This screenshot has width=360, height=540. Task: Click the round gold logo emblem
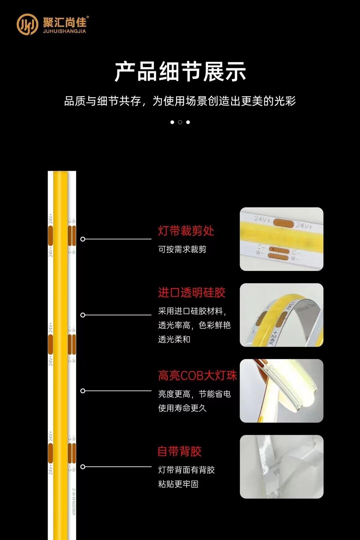coord(27,24)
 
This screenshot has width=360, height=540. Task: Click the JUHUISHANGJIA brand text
coord(64,31)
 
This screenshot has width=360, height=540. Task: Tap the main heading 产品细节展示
coord(180,71)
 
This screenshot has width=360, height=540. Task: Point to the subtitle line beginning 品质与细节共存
coord(180,101)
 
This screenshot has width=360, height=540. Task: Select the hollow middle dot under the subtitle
coord(180,122)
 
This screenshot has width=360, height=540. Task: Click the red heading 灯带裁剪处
coord(186,231)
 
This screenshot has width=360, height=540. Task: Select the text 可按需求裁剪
coord(182,249)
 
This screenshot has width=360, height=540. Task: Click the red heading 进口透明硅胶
coord(192,293)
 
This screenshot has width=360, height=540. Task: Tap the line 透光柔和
coord(174,339)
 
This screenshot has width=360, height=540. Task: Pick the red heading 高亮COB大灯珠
coord(197,376)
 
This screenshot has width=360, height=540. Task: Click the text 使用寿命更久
coord(182,408)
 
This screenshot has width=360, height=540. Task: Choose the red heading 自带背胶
coord(179,451)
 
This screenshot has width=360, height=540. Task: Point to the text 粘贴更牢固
coord(178,484)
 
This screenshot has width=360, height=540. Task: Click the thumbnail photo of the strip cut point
coord(281,239)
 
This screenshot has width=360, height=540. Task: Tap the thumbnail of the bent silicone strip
coord(281,315)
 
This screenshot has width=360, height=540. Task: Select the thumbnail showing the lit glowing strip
coord(281,391)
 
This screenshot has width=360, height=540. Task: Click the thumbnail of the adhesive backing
coord(281,467)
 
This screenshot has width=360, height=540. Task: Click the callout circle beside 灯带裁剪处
coord(83,239)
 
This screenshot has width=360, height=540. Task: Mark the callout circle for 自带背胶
coord(83,467)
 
